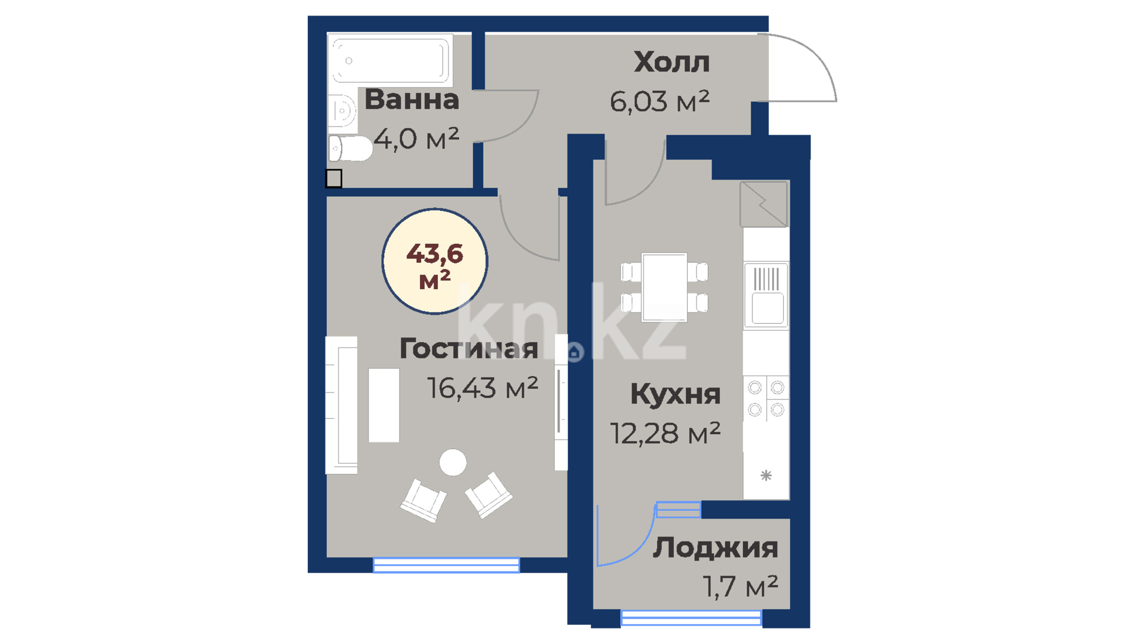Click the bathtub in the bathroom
pyautogui.click(x=390, y=60)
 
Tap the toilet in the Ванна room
pyautogui.click(x=350, y=148)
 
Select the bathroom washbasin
pyautogui.click(x=342, y=110)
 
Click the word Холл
pyautogui.click(x=671, y=62)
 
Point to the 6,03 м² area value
pyautogui.click(x=660, y=101)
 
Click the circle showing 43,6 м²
pyautogui.click(x=435, y=261)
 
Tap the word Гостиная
pyautogui.click(x=469, y=348)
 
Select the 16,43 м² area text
pyautogui.click(x=482, y=388)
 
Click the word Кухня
pyautogui.click(x=675, y=394)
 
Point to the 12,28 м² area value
pyautogui.click(x=665, y=434)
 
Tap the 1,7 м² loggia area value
pyautogui.click(x=740, y=587)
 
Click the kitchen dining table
pyautogui.click(x=664, y=287)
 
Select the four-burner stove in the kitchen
pyautogui.click(x=766, y=398)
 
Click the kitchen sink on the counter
pyautogui.click(x=767, y=295)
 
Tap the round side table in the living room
pyautogui.click(x=453, y=462)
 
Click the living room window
pyautogui.click(x=446, y=565)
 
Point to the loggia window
pyautogui.click(x=691, y=618)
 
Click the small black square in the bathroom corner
pyautogui.click(x=334, y=178)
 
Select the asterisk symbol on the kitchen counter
pyautogui.click(x=766, y=475)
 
